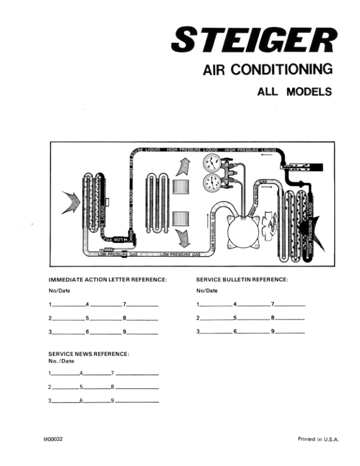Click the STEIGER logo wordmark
coord(254,41)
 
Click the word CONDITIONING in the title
coord(284,70)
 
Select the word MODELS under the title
coord(309,92)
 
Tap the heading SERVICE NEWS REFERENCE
coord(88,354)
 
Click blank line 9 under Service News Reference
coord(137,401)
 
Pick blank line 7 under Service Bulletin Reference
coord(290,305)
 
